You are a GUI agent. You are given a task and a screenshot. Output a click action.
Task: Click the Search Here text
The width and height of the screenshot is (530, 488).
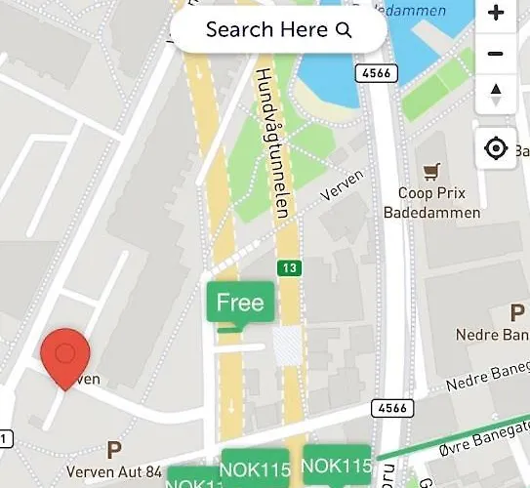coord(266,30)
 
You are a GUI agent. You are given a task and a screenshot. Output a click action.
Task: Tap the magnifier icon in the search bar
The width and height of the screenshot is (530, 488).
coord(344,30)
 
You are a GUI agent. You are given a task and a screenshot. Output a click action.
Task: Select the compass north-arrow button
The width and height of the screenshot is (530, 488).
coord(497,95)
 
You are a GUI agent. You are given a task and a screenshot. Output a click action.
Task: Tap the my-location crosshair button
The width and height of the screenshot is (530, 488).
coord(497,148)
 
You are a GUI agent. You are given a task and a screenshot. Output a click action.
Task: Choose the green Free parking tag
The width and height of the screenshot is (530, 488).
coord(240,303)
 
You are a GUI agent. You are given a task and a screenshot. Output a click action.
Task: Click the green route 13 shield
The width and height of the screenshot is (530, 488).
coord(289,267)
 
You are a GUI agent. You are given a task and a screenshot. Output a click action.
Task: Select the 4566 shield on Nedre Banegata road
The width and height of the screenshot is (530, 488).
coord(390,408)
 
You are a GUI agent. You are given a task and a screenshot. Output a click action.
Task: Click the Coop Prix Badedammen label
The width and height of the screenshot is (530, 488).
coord(439,203)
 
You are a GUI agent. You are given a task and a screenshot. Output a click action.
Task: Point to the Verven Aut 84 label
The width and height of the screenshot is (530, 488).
coord(114,472)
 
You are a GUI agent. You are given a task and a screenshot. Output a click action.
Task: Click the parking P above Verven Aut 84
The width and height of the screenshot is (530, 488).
coord(114,450)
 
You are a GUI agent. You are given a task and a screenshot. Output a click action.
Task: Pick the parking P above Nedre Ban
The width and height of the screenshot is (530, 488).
coord(517,313)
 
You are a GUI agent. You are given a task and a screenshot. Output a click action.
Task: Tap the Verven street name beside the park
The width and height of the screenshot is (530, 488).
coord(343,187)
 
